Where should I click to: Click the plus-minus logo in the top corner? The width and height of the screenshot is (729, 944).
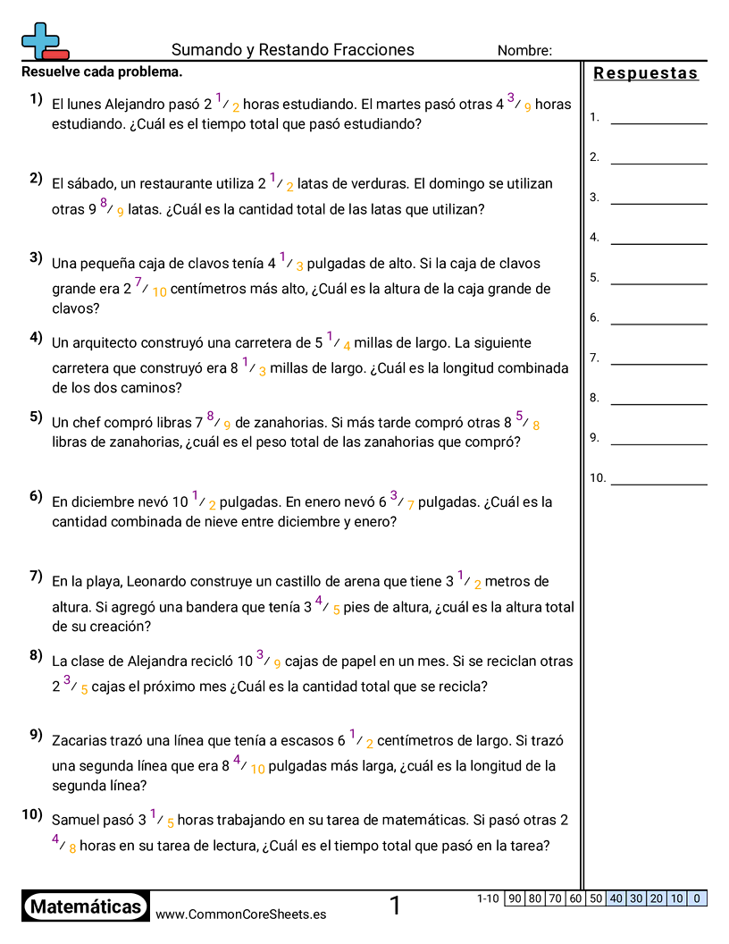click(44, 40)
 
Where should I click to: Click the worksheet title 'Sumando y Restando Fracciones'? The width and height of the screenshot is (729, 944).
click(292, 50)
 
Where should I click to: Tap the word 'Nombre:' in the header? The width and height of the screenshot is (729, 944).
click(524, 51)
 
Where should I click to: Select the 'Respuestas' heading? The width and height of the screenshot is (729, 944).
click(646, 73)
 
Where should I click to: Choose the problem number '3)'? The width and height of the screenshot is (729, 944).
click(36, 258)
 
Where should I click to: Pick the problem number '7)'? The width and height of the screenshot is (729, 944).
click(36, 576)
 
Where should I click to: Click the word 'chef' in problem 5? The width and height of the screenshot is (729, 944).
click(90, 423)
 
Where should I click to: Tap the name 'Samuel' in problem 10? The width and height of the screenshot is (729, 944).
click(74, 820)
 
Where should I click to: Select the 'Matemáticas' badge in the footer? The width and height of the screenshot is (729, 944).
click(86, 907)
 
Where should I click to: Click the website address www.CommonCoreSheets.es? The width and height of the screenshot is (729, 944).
click(240, 914)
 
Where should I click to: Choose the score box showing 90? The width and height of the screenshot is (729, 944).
click(515, 898)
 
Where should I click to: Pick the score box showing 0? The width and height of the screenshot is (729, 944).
click(697, 898)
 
